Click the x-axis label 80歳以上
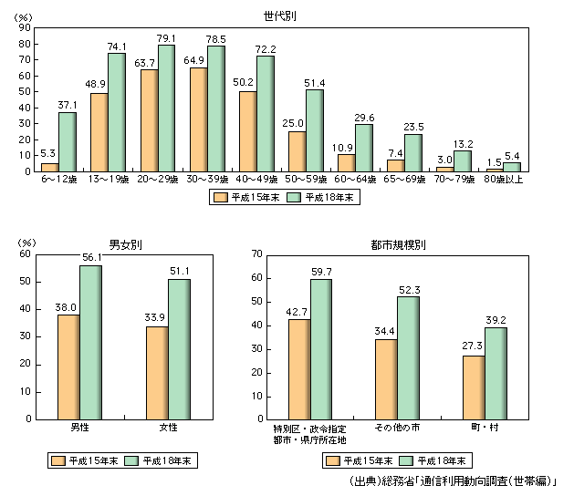click(x=504, y=181)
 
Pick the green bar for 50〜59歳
click(x=315, y=130)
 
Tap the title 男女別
click(x=124, y=244)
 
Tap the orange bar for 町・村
click(x=473, y=387)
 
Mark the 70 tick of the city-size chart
click(x=256, y=254)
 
